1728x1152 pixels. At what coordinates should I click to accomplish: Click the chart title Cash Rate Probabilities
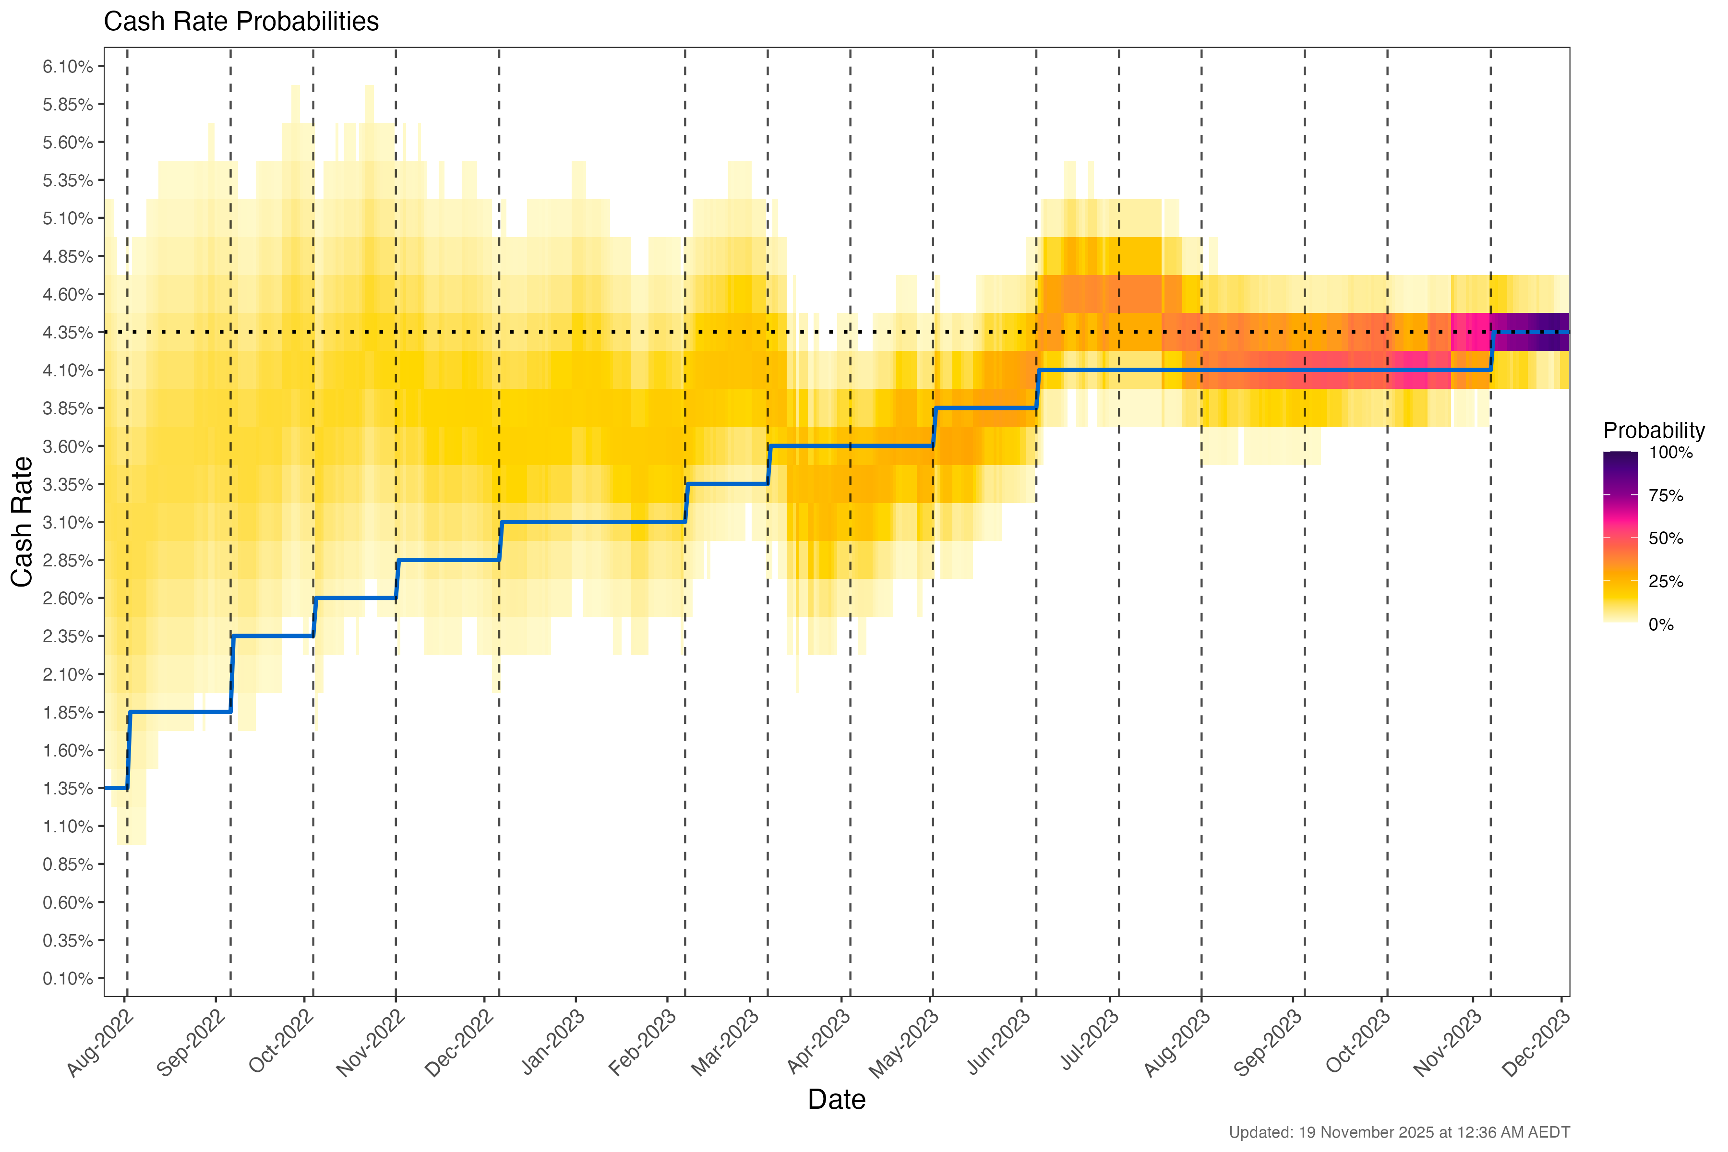[241, 22]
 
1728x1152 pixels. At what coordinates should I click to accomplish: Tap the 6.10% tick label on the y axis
[68, 67]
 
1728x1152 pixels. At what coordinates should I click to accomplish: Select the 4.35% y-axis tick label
[68, 333]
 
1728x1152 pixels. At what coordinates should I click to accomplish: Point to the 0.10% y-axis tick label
[68, 979]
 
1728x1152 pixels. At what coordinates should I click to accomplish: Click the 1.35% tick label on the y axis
[68, 789]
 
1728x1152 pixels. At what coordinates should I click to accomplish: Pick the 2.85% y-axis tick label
[68, 561]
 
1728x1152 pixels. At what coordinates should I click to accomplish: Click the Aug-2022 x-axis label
[100, 1043]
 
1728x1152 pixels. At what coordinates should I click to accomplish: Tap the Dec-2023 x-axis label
[1536, 1043]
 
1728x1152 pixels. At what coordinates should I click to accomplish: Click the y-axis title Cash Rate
[22, 522]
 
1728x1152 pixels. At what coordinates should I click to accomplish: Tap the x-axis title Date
[836, 1100]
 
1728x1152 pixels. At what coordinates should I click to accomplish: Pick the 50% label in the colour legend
[1666, 539]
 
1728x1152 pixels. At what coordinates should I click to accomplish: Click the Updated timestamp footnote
[1399, 1133]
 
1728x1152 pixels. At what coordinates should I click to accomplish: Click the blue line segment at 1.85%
[180, 712]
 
